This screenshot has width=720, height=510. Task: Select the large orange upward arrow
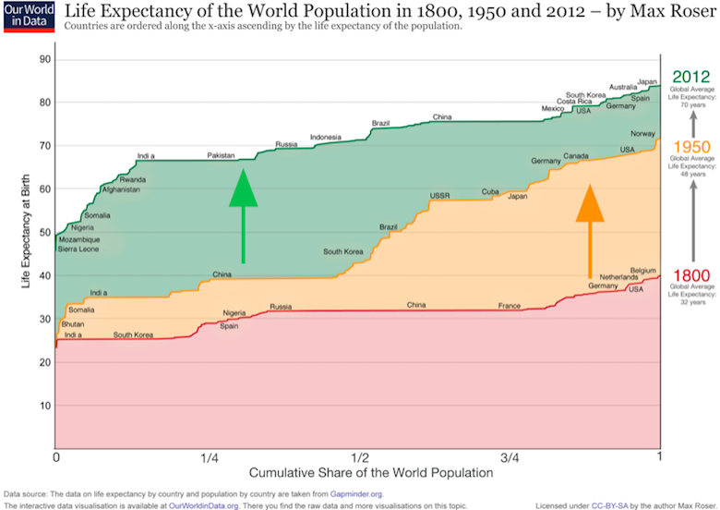click(x=590, y=231)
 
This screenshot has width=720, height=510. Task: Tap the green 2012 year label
click(x=690, y=77)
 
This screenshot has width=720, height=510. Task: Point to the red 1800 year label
click(x=690, y=275)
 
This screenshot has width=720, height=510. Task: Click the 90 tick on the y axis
click(x=43, y=59)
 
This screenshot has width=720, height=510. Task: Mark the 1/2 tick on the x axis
click(x=358, y=456)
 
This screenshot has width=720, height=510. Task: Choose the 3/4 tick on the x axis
click(x=509, y=456)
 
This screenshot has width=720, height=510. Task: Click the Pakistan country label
click(x=222, y=156)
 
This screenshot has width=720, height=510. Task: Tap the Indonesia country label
click(x=326, y=138)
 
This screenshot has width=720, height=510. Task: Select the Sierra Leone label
click(x=79, y=249)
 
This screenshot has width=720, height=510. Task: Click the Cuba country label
click(x=490, y=191)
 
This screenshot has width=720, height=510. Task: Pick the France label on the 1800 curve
click(x=510, y=305)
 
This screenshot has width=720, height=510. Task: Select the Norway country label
click(x=642, y=134)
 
